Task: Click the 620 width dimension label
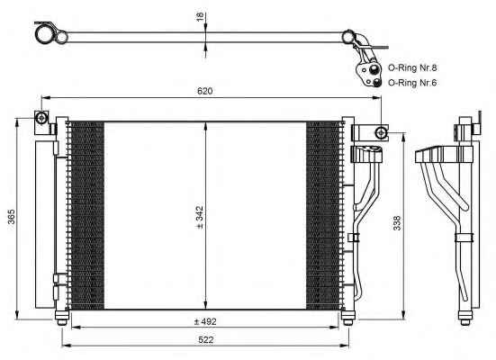[x=204, y=91]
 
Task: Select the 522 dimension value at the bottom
[x=206, y=340]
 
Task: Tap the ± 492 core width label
[x=205, y=321]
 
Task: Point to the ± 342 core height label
[x=200, y=217]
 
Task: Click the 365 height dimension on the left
[x=12, y=216]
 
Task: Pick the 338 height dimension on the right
[x=397, y=223]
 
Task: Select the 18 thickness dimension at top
[x=200, y=17]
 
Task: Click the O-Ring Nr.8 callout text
[x=412, y=67]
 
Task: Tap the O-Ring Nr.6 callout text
[x=412, y=83]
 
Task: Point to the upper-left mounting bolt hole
[x=41, y=118]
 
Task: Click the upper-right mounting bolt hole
[x=381, y=132]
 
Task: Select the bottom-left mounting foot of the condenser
[x=62, y=317]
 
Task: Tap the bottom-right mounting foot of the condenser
[x=348, y=317]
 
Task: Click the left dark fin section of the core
[x=86, y=215]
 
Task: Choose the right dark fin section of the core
[x=323, y=215]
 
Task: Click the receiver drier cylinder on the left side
[x=45, y=224]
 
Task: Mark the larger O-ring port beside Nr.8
[x=374, y=69]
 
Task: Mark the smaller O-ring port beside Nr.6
[x=376, y=83]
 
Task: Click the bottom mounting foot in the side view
[x=465, y=318]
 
